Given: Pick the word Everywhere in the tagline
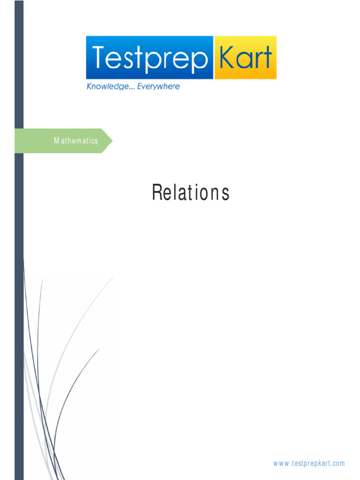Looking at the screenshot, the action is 158,86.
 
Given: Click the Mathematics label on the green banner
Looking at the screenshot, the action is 76,141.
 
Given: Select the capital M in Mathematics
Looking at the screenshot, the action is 56,141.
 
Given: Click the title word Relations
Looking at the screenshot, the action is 190,193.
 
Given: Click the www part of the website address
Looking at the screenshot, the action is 281,464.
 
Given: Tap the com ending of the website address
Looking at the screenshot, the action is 339,464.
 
